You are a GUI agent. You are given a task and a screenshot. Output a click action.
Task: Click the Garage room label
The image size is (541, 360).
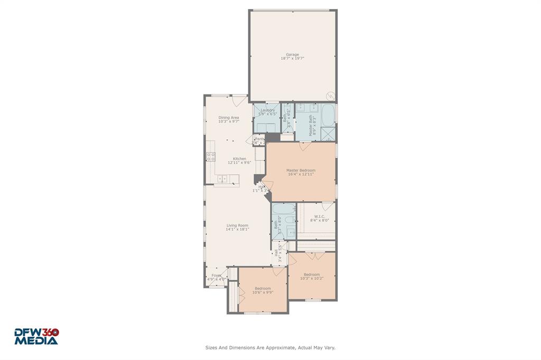click(x=292, y=54)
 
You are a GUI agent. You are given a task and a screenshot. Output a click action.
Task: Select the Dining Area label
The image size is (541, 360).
click(x=229, y=118)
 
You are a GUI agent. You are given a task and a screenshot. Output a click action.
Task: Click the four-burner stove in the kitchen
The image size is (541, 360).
click(x=210, y=156)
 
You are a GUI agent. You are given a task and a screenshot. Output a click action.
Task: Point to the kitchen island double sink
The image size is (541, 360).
click(x=222, y=179)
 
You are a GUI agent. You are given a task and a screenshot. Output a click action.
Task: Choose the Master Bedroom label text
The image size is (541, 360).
click(x=301, y=170)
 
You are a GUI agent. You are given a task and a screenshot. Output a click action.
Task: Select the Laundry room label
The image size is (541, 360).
click(x=268, y=110)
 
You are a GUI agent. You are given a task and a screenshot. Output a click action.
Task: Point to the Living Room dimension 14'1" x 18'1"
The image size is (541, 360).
click(x=237, y=230)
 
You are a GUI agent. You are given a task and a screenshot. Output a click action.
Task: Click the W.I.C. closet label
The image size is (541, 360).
click(x=319, y=216)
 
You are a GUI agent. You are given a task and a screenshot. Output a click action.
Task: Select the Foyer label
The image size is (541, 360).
click(x=217, y=276)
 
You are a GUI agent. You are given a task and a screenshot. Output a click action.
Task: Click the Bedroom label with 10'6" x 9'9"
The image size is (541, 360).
click(x=262, y=288)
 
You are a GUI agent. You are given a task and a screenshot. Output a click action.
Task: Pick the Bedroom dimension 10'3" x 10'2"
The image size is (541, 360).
click(x=311, y=279)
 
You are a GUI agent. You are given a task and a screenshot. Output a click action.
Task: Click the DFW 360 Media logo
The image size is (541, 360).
click(x=36, y=337)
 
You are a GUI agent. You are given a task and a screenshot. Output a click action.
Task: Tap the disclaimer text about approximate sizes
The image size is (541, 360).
click(x=270, y=348)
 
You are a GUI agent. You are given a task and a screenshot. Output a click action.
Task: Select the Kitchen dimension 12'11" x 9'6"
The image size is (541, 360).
click(x=239, y=163)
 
